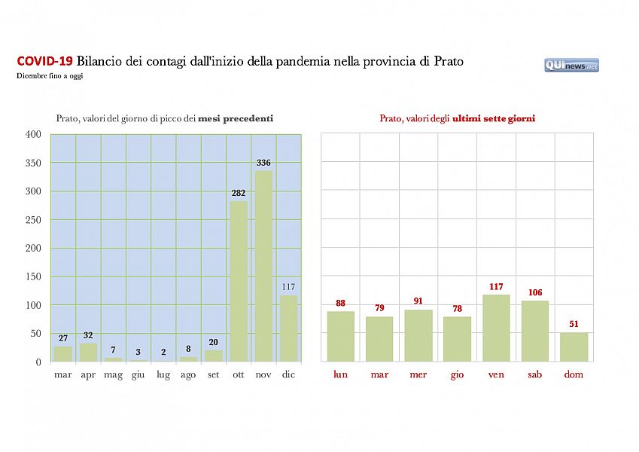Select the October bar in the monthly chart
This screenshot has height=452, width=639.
(239, 281)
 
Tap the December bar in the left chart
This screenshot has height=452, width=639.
(288, 328)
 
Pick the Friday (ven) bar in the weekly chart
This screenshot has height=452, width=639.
(496, 328)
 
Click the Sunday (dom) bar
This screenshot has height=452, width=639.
(574, 347)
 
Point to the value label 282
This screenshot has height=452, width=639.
(239, 194)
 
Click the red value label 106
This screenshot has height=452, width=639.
(535, 293)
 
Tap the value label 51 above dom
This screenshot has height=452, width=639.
(574, 325)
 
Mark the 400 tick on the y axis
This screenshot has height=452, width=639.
(33, 134)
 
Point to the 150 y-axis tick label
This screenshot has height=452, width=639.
(33, 276)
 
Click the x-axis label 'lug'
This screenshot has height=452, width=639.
(163, 374)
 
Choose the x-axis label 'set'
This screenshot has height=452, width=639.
(213, 374)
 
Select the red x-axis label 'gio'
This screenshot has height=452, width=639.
(457, 374)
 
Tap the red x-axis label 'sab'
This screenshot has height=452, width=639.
(535, 374)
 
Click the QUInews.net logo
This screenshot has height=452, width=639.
(571, 66)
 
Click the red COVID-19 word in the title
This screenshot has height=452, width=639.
(44, 61)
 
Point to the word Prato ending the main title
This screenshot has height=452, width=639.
(449, 61)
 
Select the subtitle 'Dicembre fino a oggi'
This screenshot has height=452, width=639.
(50, 76)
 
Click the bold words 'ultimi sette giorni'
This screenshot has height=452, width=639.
(494, 118)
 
